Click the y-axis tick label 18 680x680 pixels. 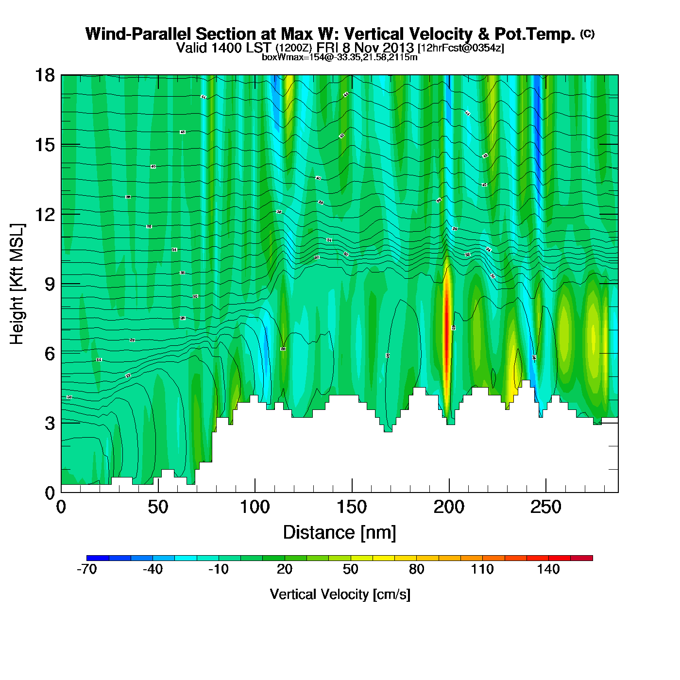(x=44, y=75)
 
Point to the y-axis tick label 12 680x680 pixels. (x=44, y=214)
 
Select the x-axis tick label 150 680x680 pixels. (x=352, y=508)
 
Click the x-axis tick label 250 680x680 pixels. (x=546, y=508)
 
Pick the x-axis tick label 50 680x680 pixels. (x=158, y=508)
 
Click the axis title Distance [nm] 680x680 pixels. (x=340, y=532)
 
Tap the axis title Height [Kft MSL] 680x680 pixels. (x=17, y=284)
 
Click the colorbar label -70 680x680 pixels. (x=87, y=569)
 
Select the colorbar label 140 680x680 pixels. (x=548, y=569)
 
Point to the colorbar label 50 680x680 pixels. (x=350, y=569)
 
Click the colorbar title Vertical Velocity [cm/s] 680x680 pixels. (x=340, y=594)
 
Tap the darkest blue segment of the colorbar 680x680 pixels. (x=98, y=558)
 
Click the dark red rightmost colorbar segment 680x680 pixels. (x=581, y=558)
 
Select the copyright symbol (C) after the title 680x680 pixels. (x=587, y=34)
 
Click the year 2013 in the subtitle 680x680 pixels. (x=398, y=48)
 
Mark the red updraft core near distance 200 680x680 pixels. (x=447, y=335)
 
